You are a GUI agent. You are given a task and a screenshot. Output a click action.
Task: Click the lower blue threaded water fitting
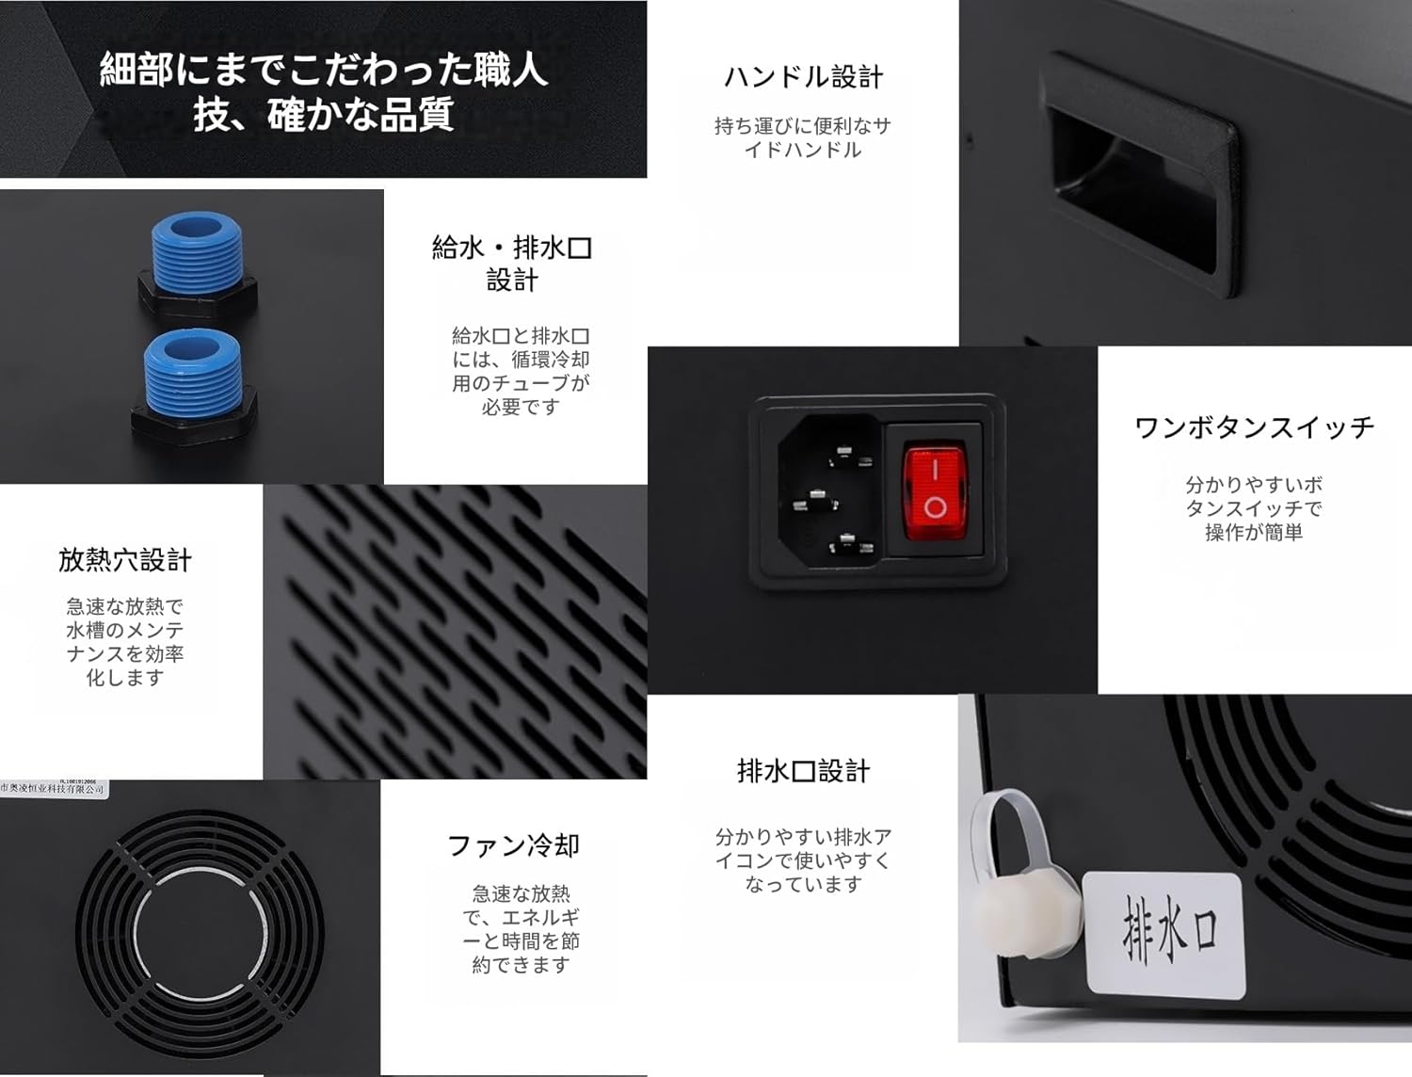(x=192, y=372)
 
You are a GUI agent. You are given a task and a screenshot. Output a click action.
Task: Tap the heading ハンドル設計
(x=803, y=77)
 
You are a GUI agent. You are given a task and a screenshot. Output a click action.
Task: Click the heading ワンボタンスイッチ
(x=1254, y=427)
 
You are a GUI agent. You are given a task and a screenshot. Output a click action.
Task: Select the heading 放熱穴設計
(x=124, y=560)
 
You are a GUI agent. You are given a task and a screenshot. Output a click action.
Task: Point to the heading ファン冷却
(x=513, y=845)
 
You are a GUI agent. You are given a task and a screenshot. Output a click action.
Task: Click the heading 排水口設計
(x=803, y=771)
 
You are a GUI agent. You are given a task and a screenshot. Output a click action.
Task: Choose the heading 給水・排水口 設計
(x=512, y=264)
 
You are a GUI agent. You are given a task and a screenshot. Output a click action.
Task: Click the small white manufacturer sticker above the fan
(x=54, y=789)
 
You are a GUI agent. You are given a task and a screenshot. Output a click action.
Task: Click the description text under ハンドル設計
(x=803, y=137)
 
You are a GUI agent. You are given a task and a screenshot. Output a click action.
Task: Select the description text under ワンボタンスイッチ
(x=1254, y=508)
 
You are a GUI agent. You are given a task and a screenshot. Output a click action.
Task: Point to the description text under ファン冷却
(x=521, y=928)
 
